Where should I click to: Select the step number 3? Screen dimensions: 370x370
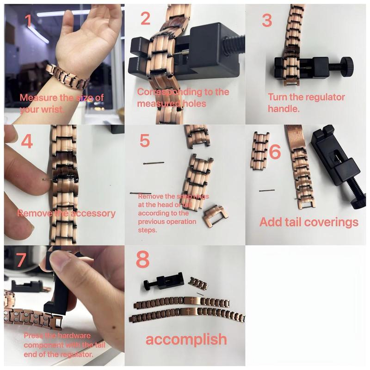point(267,21)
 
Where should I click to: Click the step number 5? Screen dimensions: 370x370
point(145,140)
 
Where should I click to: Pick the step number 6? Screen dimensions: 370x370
point(275,151)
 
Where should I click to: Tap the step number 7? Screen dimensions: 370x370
point(21,261)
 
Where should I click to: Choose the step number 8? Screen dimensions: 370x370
point(143,260)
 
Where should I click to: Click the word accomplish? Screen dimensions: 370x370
point(186,339)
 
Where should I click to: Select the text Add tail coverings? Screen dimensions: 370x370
point(308,222)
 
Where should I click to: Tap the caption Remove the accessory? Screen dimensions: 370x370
point(66,214)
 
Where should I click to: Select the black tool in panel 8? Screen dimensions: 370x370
point(162,280)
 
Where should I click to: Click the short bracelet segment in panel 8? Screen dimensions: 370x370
point(200,283)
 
